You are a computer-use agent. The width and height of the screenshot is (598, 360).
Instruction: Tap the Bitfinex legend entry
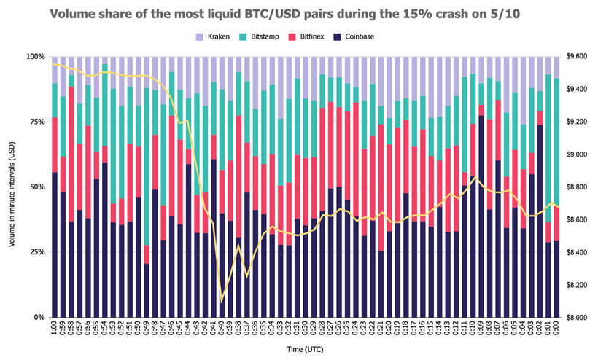click(x=314, y=36)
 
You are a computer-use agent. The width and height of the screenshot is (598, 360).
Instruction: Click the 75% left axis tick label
click(x=36, y=122)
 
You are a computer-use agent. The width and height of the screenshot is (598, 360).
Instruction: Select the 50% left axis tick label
click(x=36, y=187)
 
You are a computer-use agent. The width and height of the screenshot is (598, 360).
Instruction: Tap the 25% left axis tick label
click(x=36, y=252)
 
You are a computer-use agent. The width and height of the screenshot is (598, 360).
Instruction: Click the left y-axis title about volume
click(x=12, y=187)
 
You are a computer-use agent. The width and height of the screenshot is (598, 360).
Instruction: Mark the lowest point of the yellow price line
click(x=222, y=300)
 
